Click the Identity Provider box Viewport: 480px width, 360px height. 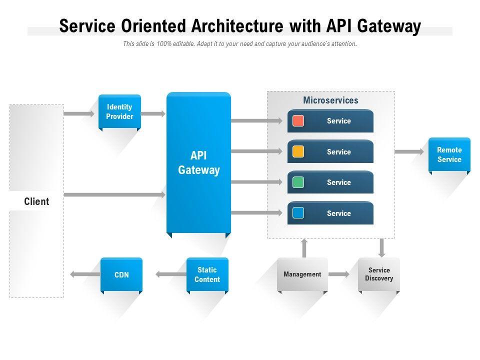(x=119, y=111)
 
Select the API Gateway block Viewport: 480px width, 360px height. (x=198, y=162)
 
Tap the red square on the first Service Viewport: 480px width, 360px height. (x=298, y=121)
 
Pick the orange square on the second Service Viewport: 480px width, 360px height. (x=298, y=152)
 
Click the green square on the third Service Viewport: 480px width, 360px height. (x=298, y=182)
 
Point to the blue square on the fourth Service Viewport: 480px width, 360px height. (x=298, y=213)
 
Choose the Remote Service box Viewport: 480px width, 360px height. (x=449, y=154)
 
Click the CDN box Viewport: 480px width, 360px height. (x=121, y=274)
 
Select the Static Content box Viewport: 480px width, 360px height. (x=207, y=274)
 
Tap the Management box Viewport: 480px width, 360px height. (x=302, y=274)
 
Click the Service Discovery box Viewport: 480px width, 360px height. (x=378, y=274)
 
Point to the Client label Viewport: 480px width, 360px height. (x=36, y=202)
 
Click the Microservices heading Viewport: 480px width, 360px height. (x=330, y=100)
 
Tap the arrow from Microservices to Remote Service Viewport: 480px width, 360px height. (x=409, y=151)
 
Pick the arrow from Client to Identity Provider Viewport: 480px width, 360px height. (x=79, y=113)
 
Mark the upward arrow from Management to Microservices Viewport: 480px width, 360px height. (x=304, y=248)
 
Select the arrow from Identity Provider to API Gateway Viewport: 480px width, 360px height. (x=153, y=113)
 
